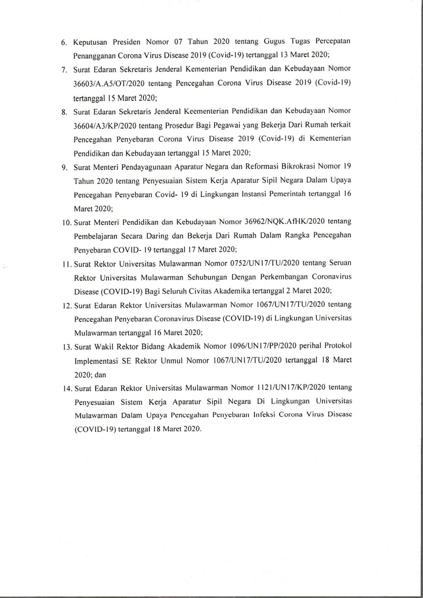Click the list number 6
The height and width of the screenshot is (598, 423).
(64, 43)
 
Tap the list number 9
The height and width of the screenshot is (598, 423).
(65, 167)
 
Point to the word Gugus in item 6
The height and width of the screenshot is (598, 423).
(275, 41)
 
